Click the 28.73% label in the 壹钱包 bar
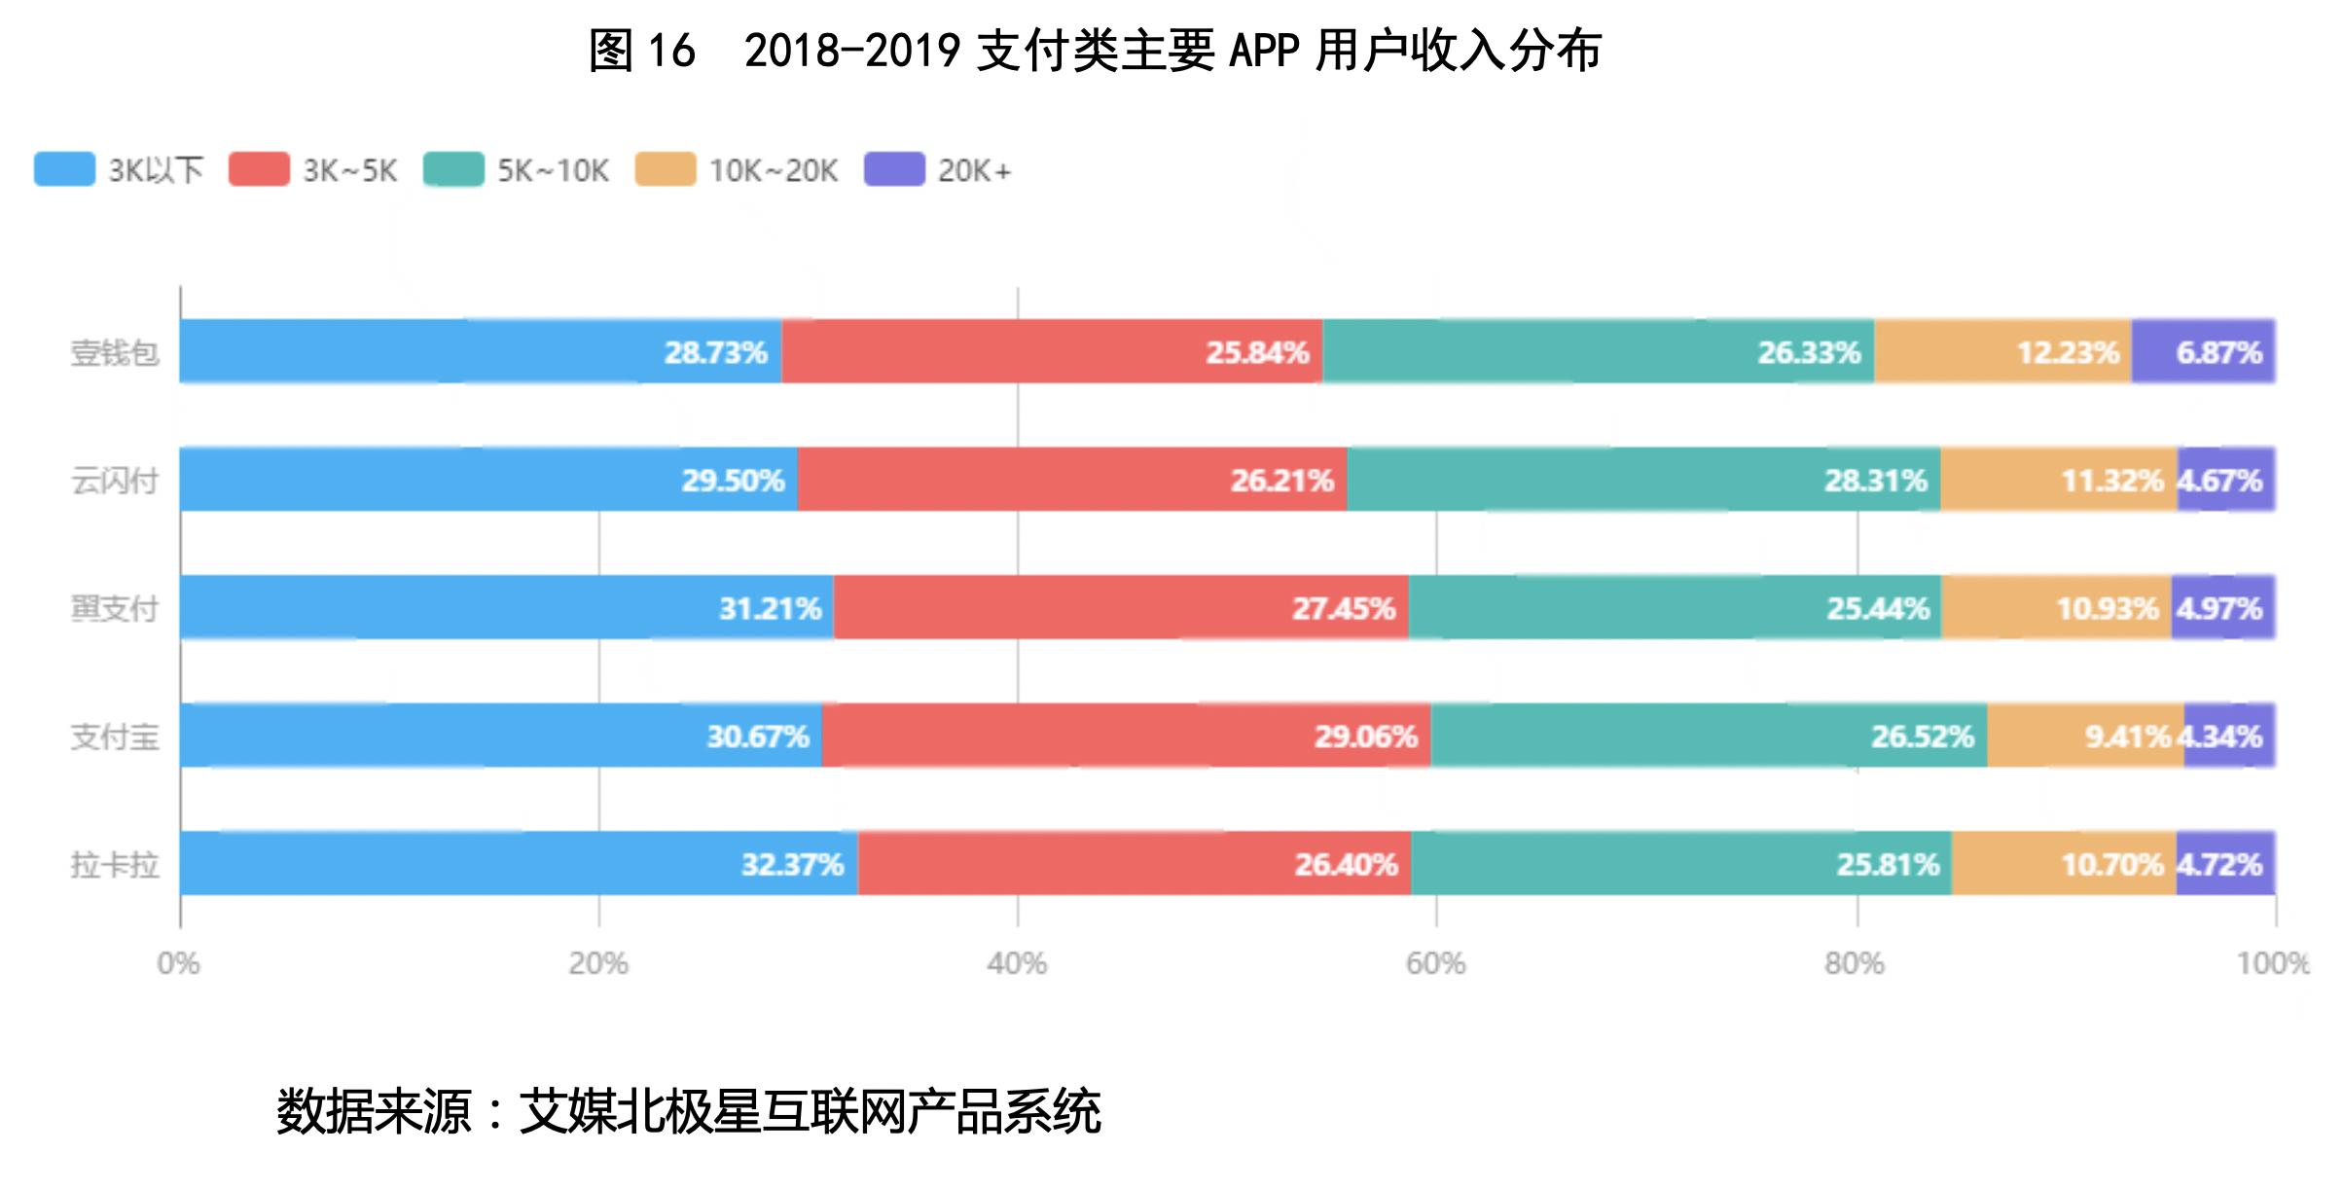[x=715, y=352]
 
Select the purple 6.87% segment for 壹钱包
[x=2203, y=351]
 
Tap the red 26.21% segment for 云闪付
[x=1071, y=480]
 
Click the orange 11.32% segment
[x=2058, y=480]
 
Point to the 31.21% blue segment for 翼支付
[x=506, y=608]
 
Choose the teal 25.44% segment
[x=1674, y=608]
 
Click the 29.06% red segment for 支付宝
[x=1126, y=736]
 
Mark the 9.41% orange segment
[x=2084, y=736]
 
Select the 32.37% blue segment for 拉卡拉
[x=519, y=863]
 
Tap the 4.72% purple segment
[x=2225, y=863]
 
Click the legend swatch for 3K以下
[x=64, y=169]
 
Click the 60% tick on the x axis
[x=1436, y=963]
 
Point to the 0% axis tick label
[x=179, y=963]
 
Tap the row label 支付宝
[x=114, y=737]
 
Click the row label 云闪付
[x=114, y=481]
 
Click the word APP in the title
[x=1264, y=51]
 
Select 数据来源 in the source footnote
[x=373, y=1111]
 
